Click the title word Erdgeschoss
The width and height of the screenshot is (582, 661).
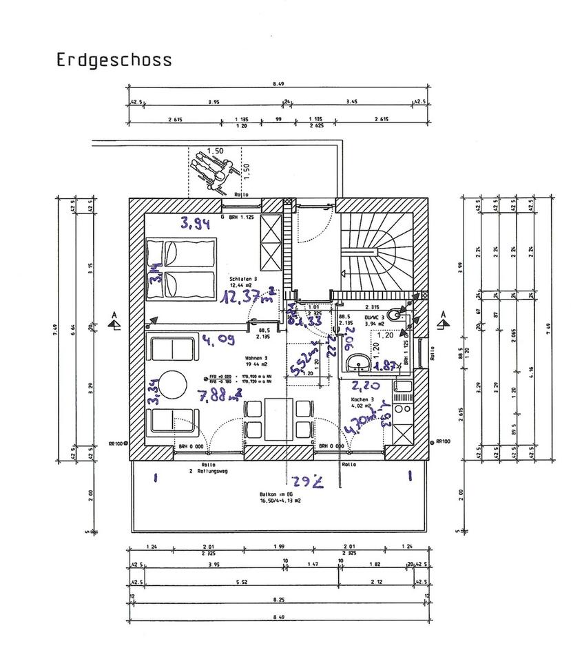tap(114, 59)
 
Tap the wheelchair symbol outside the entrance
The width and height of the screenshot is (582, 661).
tap(214, 170)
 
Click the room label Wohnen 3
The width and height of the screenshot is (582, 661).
tap(256, 359)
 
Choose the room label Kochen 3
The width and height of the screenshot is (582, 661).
tap(362, 399)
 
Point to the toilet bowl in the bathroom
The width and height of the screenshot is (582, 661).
tap(393, 315)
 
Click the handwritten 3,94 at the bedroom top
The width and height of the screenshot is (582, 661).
tap(195, 222)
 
